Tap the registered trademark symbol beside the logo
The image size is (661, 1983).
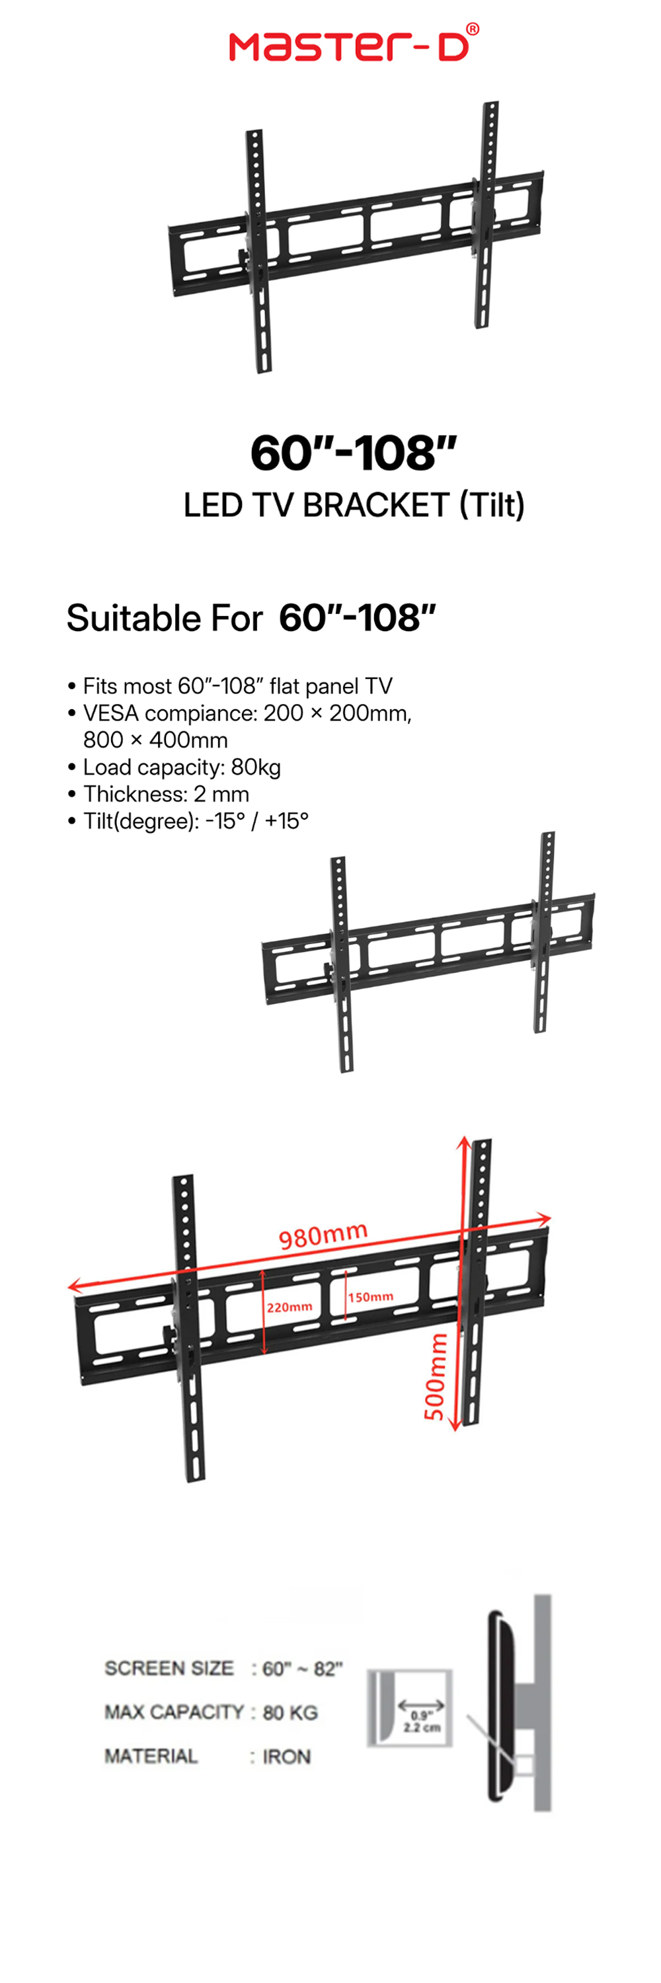tap(473, 29)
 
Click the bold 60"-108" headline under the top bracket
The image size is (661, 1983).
tap(354, 453)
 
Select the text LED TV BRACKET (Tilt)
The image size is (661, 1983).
tap(354, 505)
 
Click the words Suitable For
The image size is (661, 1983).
tap(165, 618)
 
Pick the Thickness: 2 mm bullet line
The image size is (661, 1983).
tap(159, 795)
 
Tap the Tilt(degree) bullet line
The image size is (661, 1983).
tap(188, 822)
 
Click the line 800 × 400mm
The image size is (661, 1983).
tap(155, 740)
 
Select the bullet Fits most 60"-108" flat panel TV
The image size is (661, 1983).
tap(230, 687)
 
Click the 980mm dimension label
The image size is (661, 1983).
tap(323, 1235)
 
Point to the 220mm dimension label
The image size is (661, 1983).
tap(290, 1307)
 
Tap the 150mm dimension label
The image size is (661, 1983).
tap(371, 1297)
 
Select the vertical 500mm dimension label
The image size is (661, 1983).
tap(436, 1376)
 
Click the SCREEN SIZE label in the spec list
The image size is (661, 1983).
tap(169, 1668)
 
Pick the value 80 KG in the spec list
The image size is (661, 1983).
tap(290, 1713)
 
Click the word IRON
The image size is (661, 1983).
tap(286, 1757)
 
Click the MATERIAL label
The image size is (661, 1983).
tap(151, 1756)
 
